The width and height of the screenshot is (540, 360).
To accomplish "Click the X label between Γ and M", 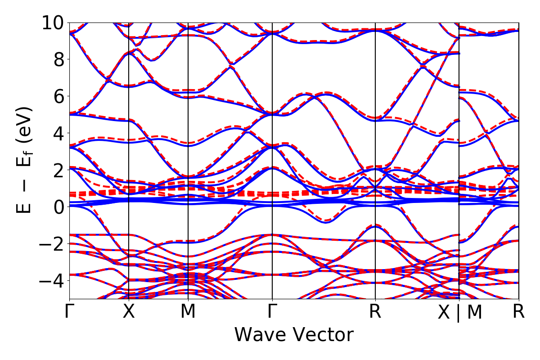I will (129, 312).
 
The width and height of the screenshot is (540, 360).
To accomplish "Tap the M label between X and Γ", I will (188, 312).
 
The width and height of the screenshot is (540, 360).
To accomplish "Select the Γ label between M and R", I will (272, 312).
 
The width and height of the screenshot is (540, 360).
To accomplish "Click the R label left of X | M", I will (375, 312).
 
